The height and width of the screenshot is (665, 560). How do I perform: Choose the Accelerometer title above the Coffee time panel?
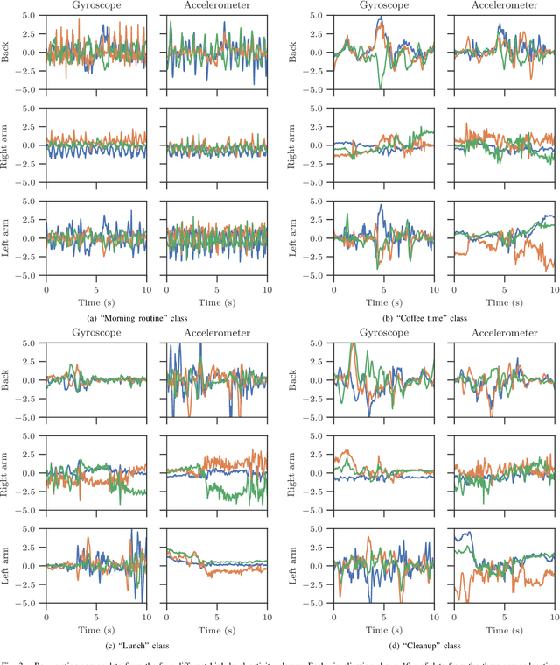[x=500, y=5]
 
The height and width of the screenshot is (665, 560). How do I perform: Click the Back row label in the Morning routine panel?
[x=8, y=53]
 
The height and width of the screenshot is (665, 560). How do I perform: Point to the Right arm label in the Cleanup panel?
[x=297, y=474]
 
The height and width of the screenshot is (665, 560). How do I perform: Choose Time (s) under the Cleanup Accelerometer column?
[x=500, y=629]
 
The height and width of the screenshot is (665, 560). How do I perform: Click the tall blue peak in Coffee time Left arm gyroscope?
[x=381, y=206]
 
